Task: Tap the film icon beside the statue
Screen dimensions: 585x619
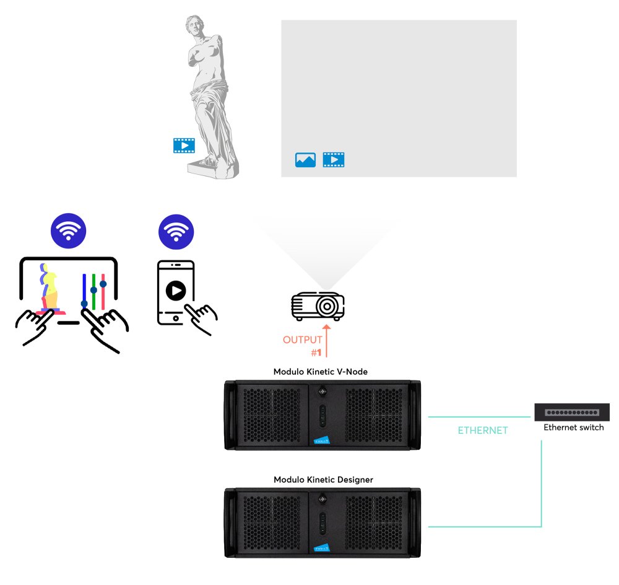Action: point(184,146)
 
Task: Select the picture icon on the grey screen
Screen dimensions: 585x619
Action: point(305,160)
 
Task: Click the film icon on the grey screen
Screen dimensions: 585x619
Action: point(334,160)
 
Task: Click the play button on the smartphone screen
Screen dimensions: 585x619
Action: point(176,291)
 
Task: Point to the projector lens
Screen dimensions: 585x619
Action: point(326,306)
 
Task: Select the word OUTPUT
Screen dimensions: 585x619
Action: point(302,340)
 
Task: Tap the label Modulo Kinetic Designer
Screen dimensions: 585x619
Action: point(323,480)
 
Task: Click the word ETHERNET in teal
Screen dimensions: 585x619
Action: point(482,430)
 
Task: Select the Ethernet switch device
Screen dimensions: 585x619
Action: point(571,411)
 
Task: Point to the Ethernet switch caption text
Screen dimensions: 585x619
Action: point(573,428)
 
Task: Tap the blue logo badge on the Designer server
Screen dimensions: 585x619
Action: point(322,548)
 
